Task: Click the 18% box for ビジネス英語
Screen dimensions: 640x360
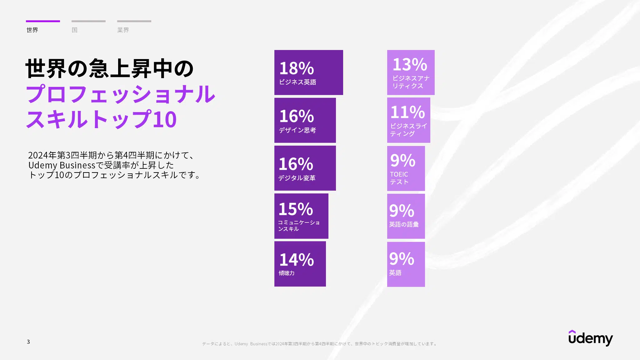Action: point(309,72)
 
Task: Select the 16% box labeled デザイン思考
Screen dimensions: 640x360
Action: point(305,120)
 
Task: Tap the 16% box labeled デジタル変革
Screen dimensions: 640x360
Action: point(305,168)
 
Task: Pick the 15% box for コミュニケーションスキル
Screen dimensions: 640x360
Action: point(301,216)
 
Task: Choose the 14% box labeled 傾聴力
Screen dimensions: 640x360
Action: point(300,264)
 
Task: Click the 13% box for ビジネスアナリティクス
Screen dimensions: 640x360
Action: point(411,72)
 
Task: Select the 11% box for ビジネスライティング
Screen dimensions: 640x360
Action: point(409,120)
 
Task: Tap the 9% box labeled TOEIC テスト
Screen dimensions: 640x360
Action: point(406,168)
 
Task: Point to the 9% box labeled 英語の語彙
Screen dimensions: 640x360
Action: point(406,216)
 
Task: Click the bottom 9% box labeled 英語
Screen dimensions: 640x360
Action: point(406,264)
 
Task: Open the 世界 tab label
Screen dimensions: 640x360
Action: point(32,30)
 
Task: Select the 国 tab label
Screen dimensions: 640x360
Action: point(74,30)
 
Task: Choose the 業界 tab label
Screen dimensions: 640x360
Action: point(123,30)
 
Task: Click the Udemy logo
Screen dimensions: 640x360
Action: point(591,338)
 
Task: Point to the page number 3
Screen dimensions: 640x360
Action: point(28,342)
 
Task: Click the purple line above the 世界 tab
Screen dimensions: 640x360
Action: point(43,21)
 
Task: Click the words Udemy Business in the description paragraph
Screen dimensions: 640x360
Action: point(62,165)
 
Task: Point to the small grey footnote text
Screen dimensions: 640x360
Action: point(320,344)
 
